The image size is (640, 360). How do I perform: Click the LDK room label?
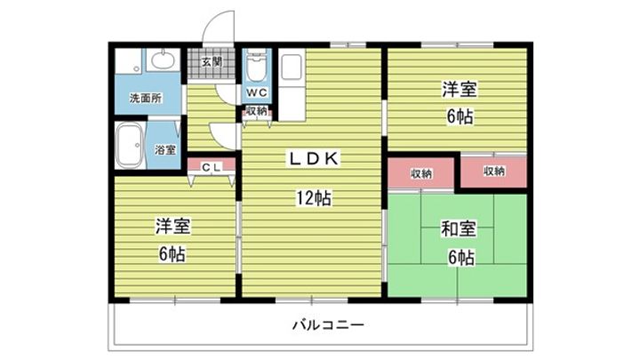point(314,159)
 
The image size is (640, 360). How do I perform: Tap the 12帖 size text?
point(314,198)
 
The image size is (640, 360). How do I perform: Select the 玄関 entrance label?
point(212,62)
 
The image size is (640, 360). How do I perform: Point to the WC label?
point(257,92)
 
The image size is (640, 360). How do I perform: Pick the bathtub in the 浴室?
point(129,146)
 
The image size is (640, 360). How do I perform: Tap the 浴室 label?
point(165,150)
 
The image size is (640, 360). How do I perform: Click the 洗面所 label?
point(146,98)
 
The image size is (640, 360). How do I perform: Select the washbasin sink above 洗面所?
point(163,60)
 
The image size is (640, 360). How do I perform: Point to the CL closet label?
point(212,167)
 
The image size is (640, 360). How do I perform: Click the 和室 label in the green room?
point(459,229)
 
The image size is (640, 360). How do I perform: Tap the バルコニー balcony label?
point(328,325)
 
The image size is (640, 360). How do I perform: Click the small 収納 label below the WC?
point(257,110)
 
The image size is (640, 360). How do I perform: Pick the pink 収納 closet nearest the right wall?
point(494,172)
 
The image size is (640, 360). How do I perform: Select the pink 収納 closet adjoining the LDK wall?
point(420,173)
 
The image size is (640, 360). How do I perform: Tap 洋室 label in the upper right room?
point(460,90)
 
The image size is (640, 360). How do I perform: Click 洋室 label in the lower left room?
point(172,227)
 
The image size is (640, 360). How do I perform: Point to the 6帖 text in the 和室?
point(460,258)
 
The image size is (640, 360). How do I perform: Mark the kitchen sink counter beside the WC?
point(292,85)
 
